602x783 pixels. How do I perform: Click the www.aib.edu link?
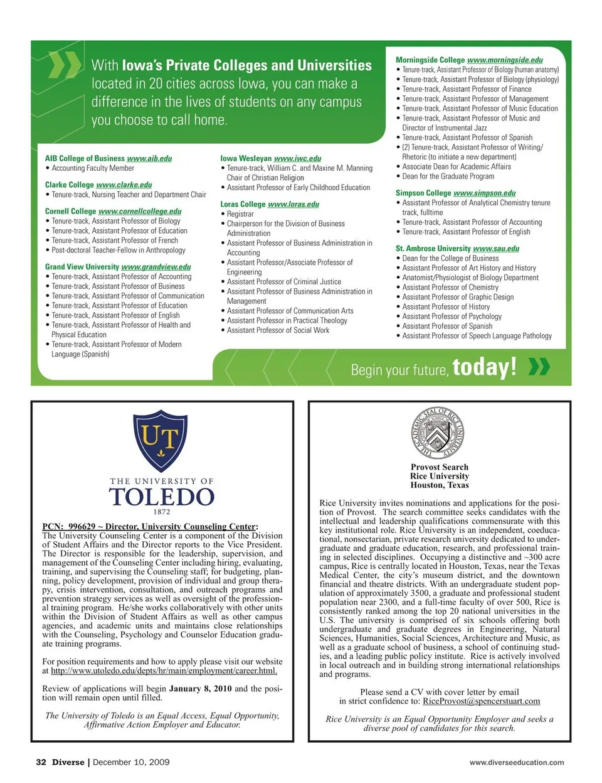pyautogui.click(x=149, y=159)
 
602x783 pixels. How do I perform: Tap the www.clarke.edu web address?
pyautogui.click(x=124, y=185)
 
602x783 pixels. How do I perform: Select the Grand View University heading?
pyautogui.click(x=82, y=267)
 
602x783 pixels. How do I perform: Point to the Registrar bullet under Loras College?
pyautogui.click(x=240, y=214)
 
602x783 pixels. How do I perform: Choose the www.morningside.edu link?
pyautogui.click(x=505, y=60)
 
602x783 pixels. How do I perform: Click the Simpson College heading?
pyautogui.click(x=423, y=193)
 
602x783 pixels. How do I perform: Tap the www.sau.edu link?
pyautogui.click(x=496, y=249)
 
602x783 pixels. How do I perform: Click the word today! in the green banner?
pyautogui.click(x=485, y=367)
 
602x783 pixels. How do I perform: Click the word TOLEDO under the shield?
pyautogui.click(x=162, y=497)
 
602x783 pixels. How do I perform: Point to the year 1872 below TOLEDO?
pyautogui.click(x=162, y=512)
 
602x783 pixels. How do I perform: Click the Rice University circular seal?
pyautogui.click(x=439, y=433)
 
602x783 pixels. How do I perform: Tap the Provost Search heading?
pyautogui.click(x=439, y=467)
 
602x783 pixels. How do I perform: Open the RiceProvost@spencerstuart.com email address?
pyautogui.click(x=481, y=701)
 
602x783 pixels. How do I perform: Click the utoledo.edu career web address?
pyautogui.click(x=164, y=671)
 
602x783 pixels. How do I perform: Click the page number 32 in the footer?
pyautogui.click(x=41, y=762)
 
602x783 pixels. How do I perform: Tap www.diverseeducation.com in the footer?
pyautogui.click(x=516, y=763)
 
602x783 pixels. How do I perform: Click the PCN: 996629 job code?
pyautogui.click(x=68, y=527)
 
